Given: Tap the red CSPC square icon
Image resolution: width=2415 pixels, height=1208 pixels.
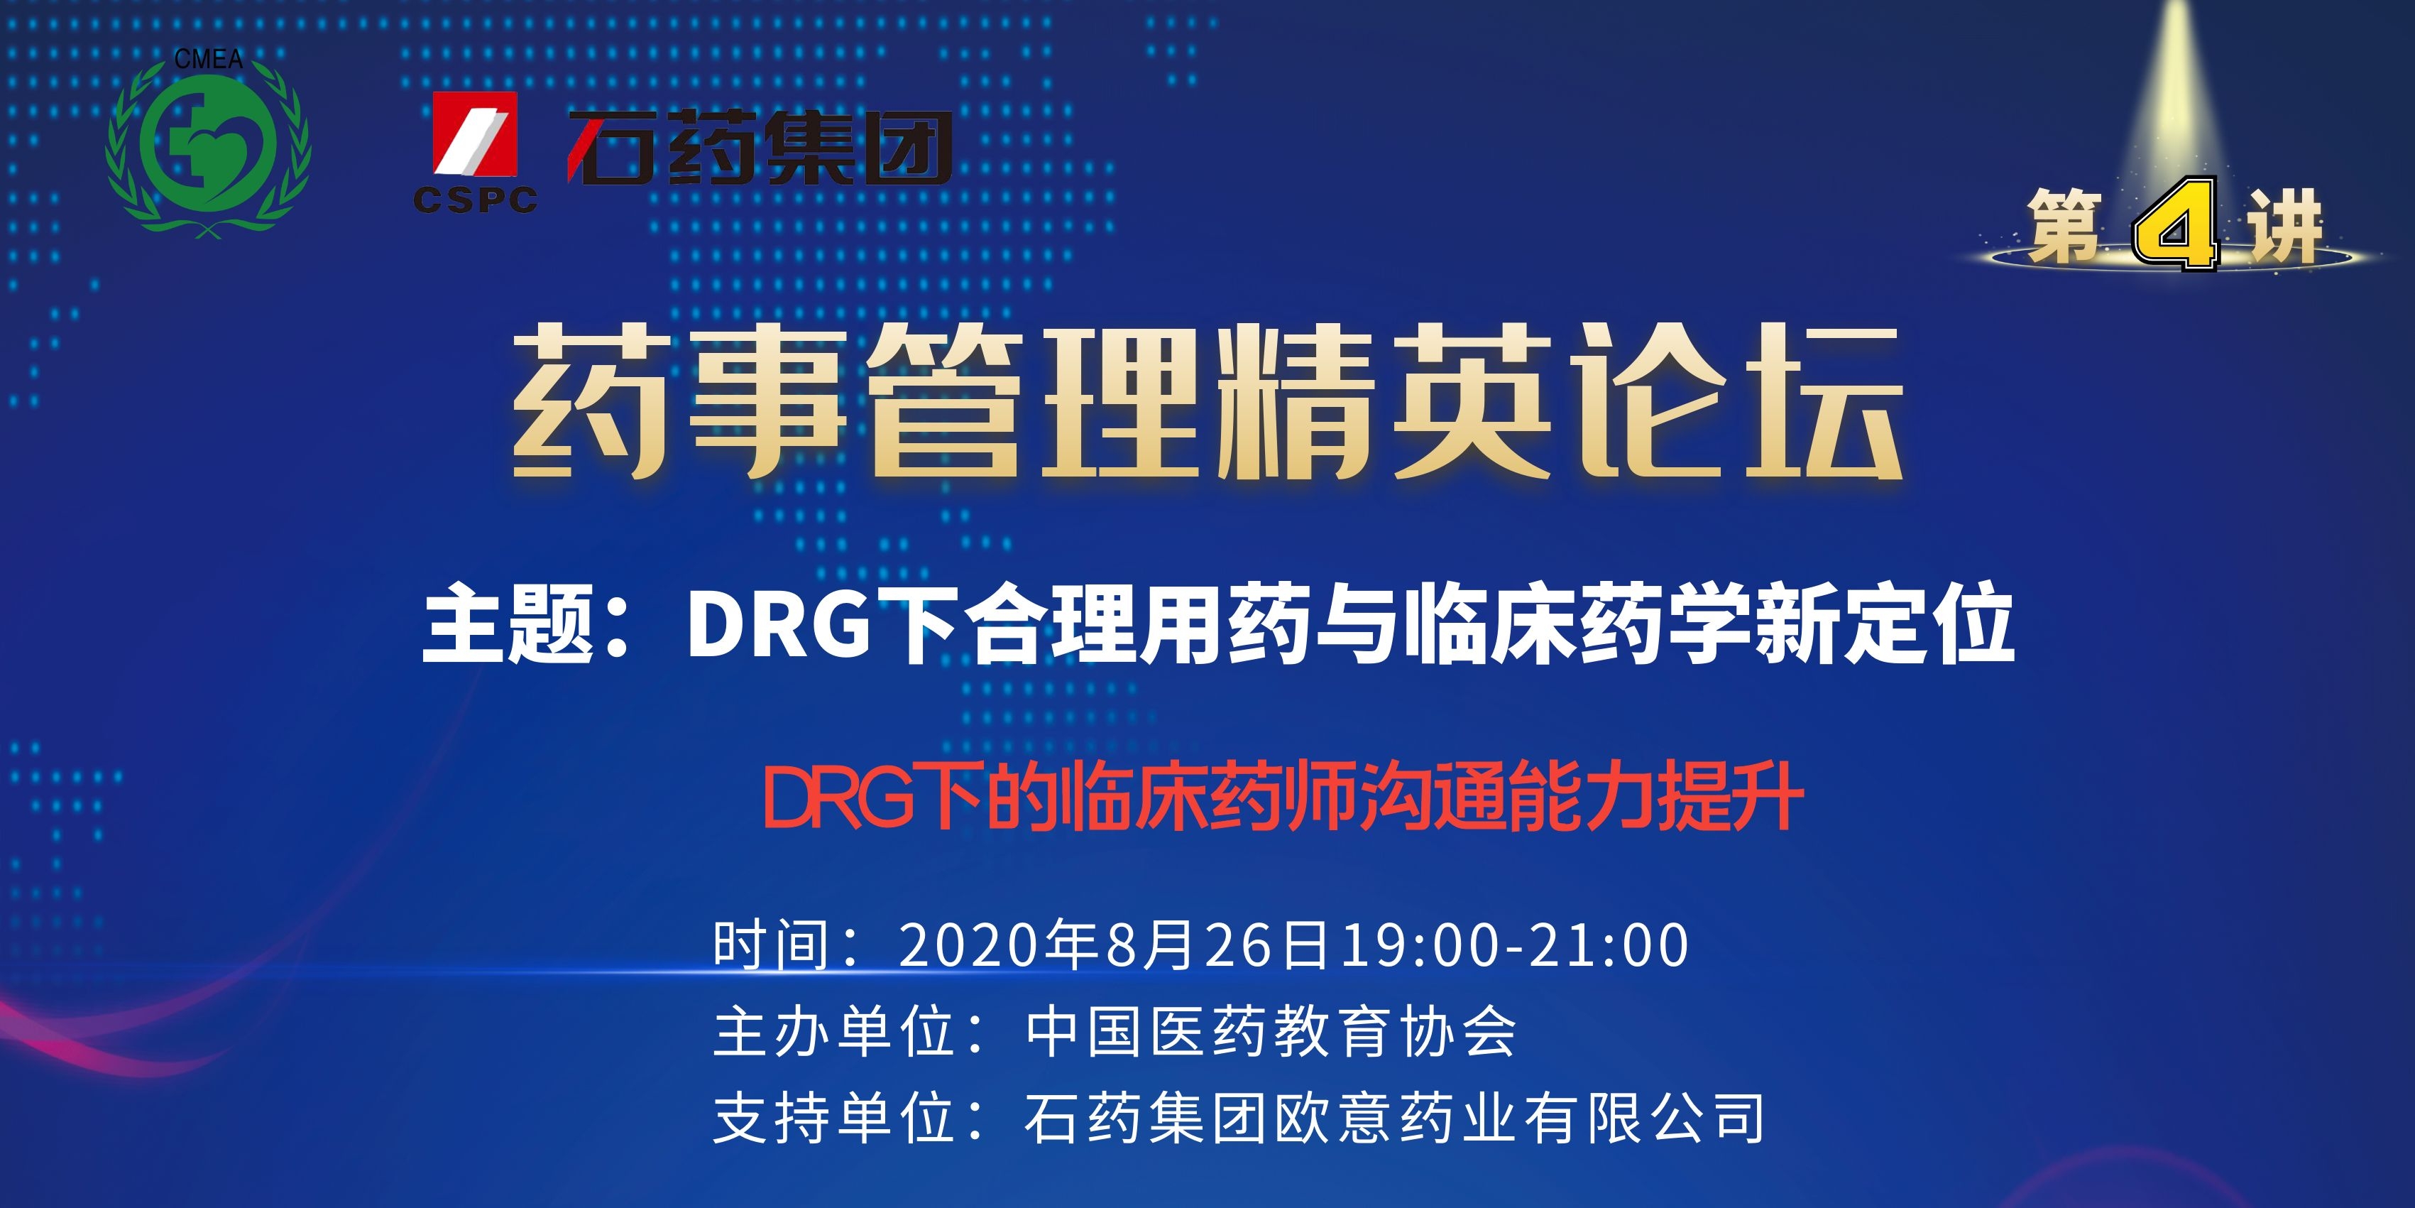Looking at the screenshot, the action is pyautogui.click(x=474, y=134).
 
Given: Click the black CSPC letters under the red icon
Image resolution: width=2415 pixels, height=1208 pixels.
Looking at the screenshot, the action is pyautogui.click(x=476, y=199).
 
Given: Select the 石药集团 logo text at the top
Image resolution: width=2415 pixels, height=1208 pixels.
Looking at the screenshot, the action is pyautogui.click(x=760, y=146).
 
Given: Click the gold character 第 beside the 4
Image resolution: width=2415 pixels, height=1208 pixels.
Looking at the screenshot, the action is pyautogui.click(x=2064, y=225).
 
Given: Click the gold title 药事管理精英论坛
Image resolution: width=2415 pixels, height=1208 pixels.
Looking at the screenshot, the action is pyautogui.click(x=1207, y=401).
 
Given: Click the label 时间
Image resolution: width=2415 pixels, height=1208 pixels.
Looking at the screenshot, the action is pyautogui.click(x=772, y=944).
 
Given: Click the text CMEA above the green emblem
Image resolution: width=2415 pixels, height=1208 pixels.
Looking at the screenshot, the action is pyautogui.click(x=208, y=59).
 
